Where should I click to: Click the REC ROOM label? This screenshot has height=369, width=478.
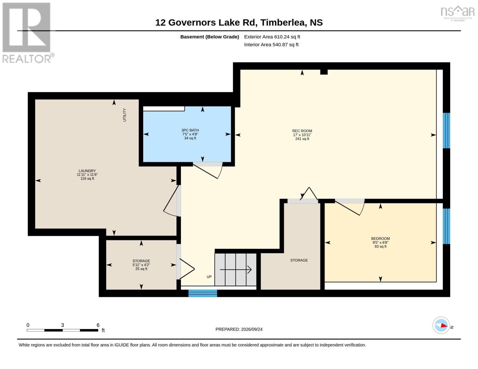click(302, 131)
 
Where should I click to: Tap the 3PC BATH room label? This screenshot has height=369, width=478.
click(190, 130)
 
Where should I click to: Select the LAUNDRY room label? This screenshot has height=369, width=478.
click(87, 171)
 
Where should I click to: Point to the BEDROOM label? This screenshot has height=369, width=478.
click(380, 238)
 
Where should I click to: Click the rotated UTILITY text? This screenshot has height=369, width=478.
click(125, 115)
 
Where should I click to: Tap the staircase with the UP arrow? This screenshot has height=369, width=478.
click(235, 269)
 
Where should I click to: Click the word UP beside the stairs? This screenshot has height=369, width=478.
click(209, 277)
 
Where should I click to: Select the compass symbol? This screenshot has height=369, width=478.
click(441, 325)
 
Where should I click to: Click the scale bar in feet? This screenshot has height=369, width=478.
click(62, 330)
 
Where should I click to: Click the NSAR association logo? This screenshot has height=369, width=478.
click(458, 14)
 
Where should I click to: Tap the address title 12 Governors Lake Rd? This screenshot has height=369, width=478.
click(239, 22)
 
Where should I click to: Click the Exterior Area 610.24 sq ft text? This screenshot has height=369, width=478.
click(272, 37)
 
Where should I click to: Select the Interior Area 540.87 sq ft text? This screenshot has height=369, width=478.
click(271, 45)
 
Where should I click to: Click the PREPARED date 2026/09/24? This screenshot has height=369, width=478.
click(239, 329)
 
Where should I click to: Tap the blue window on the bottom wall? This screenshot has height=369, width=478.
click(203, 293)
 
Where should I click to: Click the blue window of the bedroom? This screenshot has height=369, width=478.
click(446, 226)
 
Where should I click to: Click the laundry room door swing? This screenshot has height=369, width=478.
click(171, 201)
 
